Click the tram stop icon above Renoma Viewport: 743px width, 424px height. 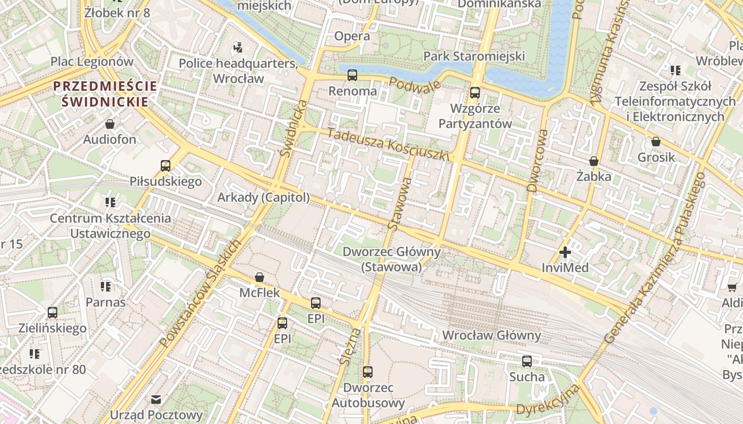click(352, 75)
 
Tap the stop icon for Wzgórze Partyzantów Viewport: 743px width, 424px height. click(474, 93)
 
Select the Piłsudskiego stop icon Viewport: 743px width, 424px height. click(166, 166)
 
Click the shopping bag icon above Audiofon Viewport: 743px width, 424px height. click(110, 124)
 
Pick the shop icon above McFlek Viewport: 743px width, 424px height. click(260, 277)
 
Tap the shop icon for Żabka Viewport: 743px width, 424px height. click(594, 161)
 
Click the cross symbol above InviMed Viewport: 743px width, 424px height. click(565, 252)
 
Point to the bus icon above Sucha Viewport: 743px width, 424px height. click(526, 361)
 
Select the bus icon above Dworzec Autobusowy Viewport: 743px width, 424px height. click(368, 372)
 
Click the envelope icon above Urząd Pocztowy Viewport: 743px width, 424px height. click(156, 400)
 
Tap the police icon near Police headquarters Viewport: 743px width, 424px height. click(237, 48)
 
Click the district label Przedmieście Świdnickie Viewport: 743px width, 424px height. click(105, 93)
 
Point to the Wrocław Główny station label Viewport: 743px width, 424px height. click(491, 335)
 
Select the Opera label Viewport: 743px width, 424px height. click(352, 36)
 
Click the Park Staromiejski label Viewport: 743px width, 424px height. click(474, 56)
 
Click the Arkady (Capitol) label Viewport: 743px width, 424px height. click(263, 198)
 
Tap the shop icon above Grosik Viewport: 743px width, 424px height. click(656, 142)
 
